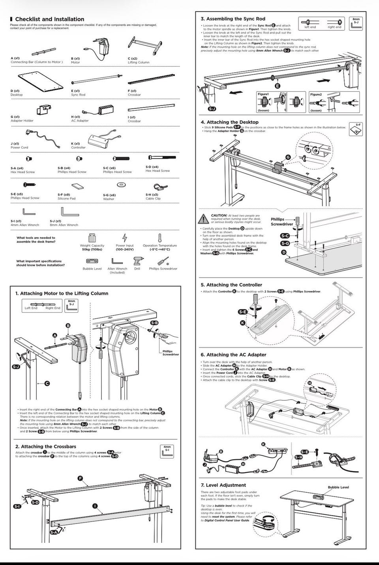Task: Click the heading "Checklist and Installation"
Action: click(49, 19)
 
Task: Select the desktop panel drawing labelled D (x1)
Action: click(41, 80)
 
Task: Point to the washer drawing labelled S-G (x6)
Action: click(121, 185)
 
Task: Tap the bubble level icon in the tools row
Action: click(92, 261)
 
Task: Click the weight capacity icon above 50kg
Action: click(92, 237)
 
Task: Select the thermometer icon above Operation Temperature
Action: click(160, 238)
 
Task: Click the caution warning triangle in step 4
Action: click(204, 218)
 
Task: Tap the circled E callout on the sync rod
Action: click(278, 86)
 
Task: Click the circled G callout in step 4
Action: click(288, 157)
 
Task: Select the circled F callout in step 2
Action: click(81, 478)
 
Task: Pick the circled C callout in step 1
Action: click(47, 383)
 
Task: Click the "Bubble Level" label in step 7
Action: click(338, 487)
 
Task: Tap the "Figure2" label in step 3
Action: click(316, 94)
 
